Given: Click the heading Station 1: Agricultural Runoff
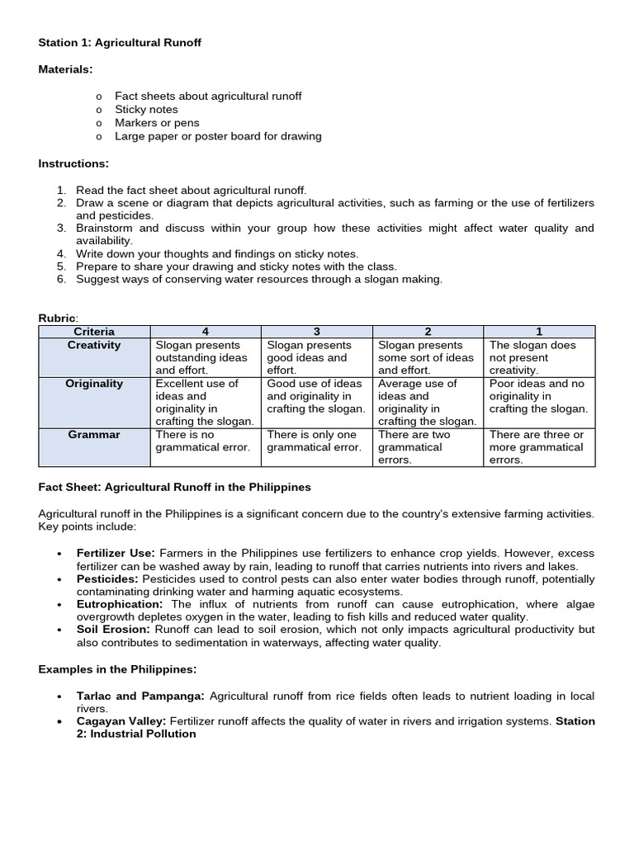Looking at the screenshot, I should [x=120, y=42].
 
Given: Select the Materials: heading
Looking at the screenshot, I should [x=65, y=69].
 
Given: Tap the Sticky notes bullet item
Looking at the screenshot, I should [x=146, y=109].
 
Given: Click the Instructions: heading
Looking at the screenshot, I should [x=73, y=163].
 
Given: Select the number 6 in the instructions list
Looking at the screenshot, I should [x=61, y=279].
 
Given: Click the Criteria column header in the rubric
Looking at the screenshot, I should [x=94, y=332].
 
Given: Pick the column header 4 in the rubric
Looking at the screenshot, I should [x=205, y=332].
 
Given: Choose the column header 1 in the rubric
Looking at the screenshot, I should [x=539, y=332].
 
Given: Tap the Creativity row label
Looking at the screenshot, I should [x=94, y=345].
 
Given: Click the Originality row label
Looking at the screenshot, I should [x=94, y=384].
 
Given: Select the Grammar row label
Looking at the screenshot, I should [x=94, y=435].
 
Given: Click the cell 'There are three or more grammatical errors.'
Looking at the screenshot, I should [x=537, y=446].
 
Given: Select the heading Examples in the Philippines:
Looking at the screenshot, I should [x=117, y=668].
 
